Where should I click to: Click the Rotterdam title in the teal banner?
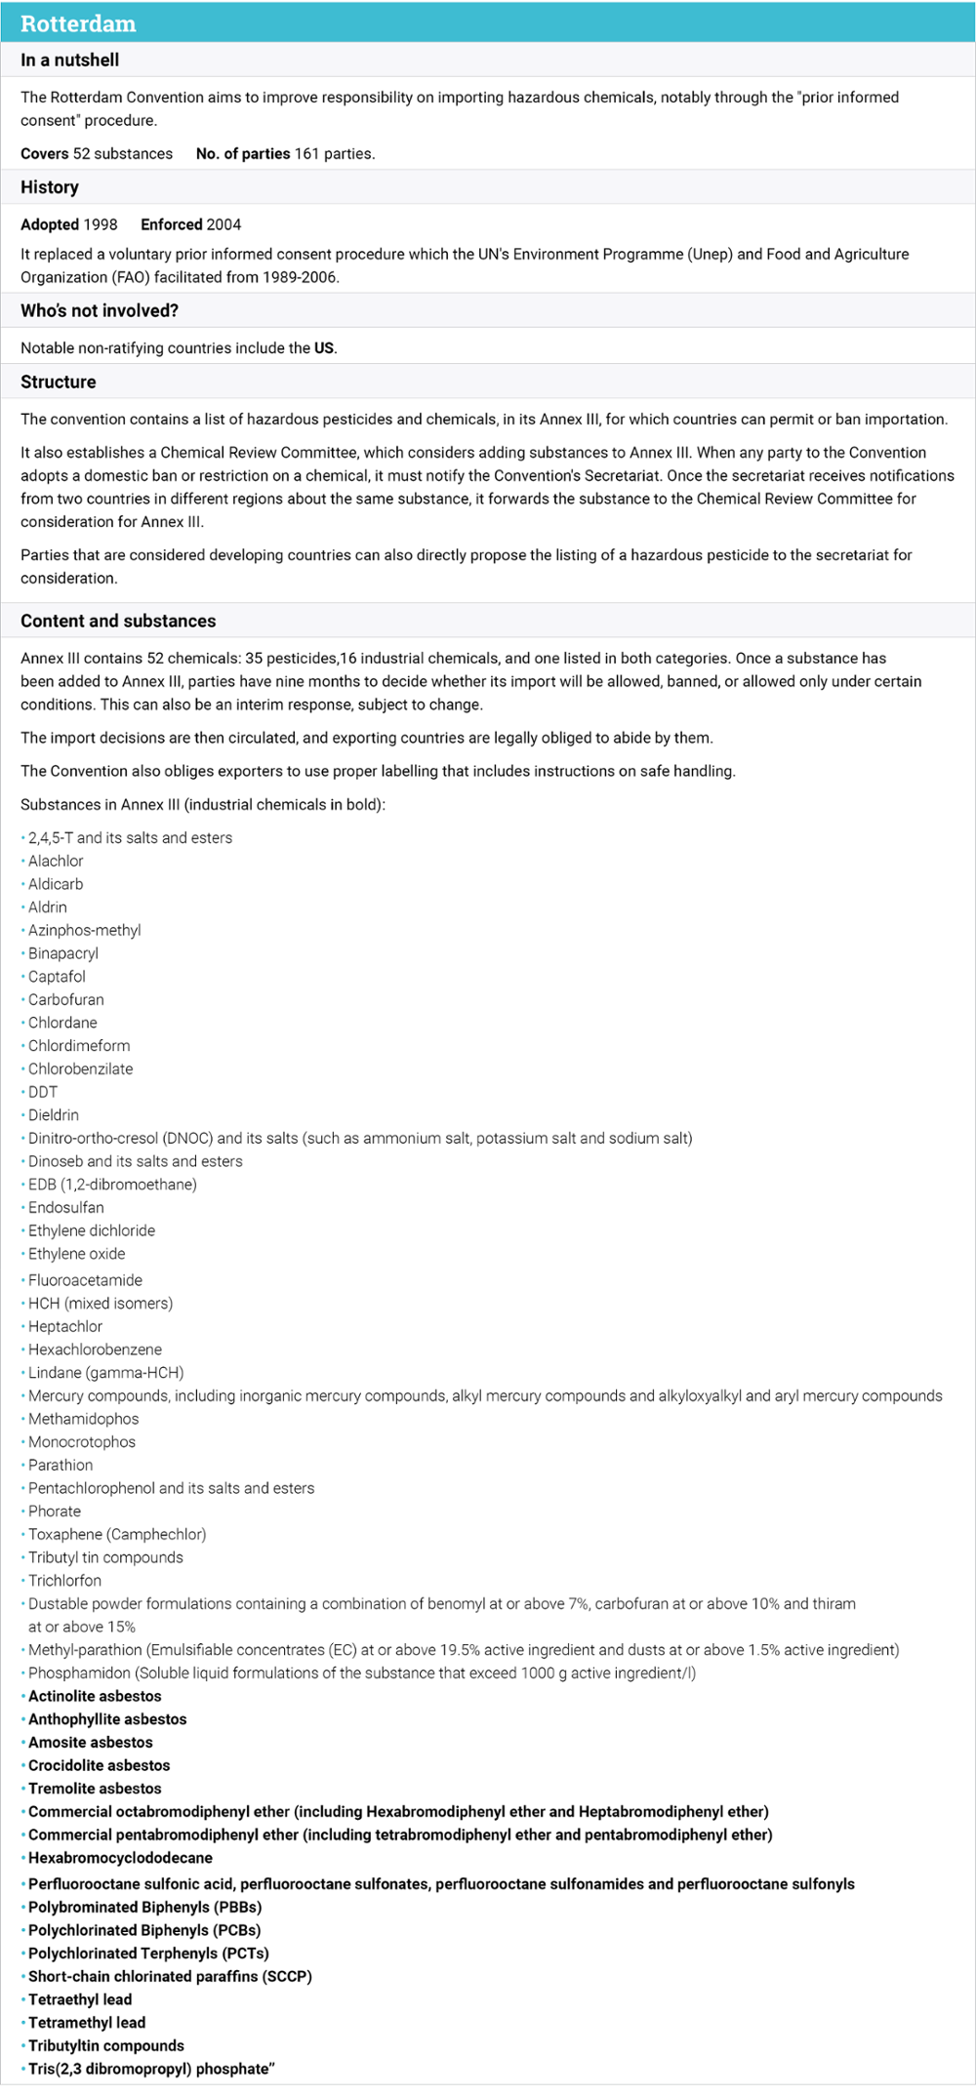[x=78, y=23]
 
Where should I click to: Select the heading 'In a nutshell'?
[x=69, y=60]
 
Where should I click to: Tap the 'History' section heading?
[x=50, y=187]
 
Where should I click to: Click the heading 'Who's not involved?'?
[x=100, y=310]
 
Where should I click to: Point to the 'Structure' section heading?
[x=58, y=382]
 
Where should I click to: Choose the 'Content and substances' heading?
[x=118, y=621]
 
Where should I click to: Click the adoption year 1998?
[x=101, y=224]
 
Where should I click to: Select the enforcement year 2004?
[x=224, y=224]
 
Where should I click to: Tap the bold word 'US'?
[x=324, y=347]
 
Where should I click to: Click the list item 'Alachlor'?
[x=56, y=861]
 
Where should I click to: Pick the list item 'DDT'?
[x=43, y=1092]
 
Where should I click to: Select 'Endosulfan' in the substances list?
[x=65, y=1207]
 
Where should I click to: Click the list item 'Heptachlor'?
[x=64, y=1326]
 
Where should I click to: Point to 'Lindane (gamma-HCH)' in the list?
[x=105, y=1372]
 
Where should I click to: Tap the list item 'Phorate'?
[x=55, y=1511]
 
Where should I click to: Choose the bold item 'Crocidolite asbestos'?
[x=99, y=1765]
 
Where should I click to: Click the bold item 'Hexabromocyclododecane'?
[x=120, y=1858]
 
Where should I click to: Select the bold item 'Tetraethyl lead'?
[x=80, y=1999]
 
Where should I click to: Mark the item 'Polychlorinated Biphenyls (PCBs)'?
[x=144, y=1930]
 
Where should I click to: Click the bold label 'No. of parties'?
[x=243, y=153]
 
